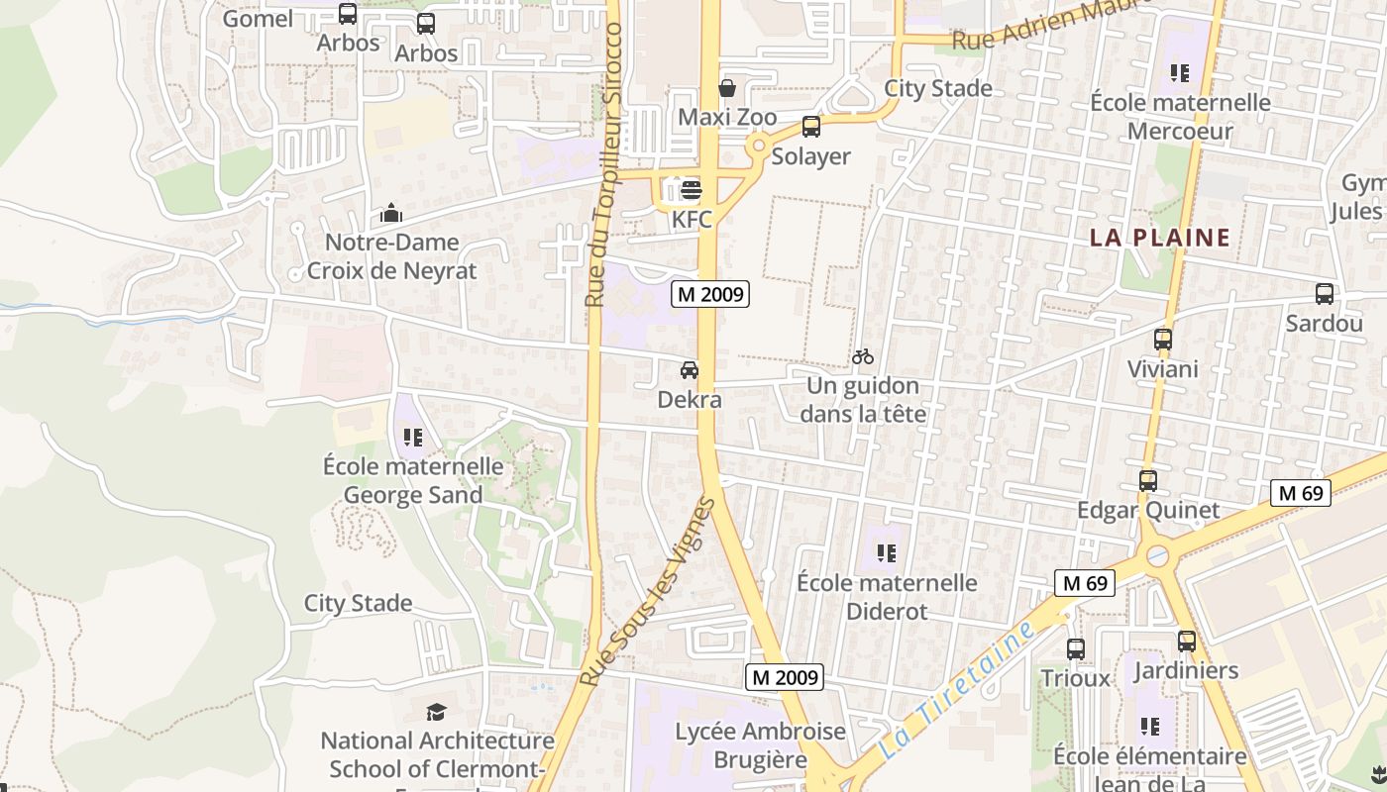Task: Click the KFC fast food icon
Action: (x=692, y=189)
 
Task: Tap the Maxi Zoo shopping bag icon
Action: (x=727, y=87)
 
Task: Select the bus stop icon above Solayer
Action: (x=811, y=127)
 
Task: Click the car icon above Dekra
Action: (x=689, y=370)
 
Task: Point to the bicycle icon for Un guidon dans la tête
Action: (x=863, y=356)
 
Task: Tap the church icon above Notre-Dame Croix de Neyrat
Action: (x=391, y=213)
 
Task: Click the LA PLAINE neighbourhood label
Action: (x=1160, y=238)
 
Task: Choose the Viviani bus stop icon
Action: (x=1163, y=340)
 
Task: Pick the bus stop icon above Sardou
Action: (x=1324, y=294)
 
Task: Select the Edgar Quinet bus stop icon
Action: (x=1148, y=481)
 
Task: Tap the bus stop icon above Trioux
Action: (x=1076, y=649)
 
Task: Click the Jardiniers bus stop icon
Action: (x=1187, y=642)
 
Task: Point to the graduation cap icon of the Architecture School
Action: (x=436, y=712)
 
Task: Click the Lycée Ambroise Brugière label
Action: (x=761, y=745)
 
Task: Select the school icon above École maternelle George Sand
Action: (x=413, y=437)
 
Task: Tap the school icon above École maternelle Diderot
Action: (x=887, y=553)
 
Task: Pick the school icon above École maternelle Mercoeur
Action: (x=1179, y=72)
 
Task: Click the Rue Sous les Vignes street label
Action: (x=648, y=592)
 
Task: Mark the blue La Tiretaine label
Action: (x=956, y=690)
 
